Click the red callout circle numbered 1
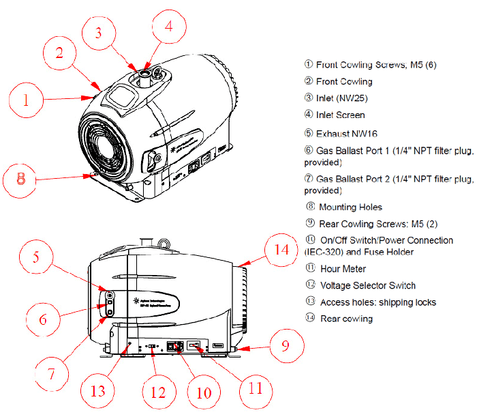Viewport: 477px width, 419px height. pos(26,101)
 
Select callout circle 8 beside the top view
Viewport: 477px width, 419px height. pos(21,179)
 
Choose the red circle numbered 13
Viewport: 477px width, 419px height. pos(99,391)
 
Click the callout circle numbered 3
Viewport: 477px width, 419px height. pos(99,32)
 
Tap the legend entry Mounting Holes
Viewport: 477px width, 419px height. pos(350,207)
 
